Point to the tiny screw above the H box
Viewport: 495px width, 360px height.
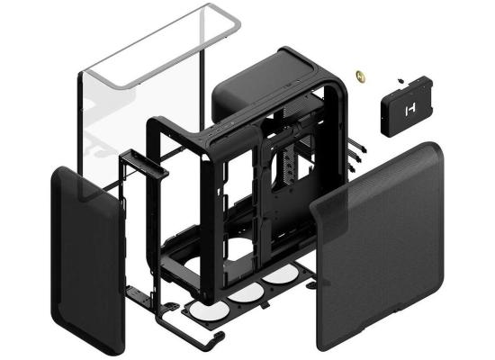[x=400, y=78]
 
